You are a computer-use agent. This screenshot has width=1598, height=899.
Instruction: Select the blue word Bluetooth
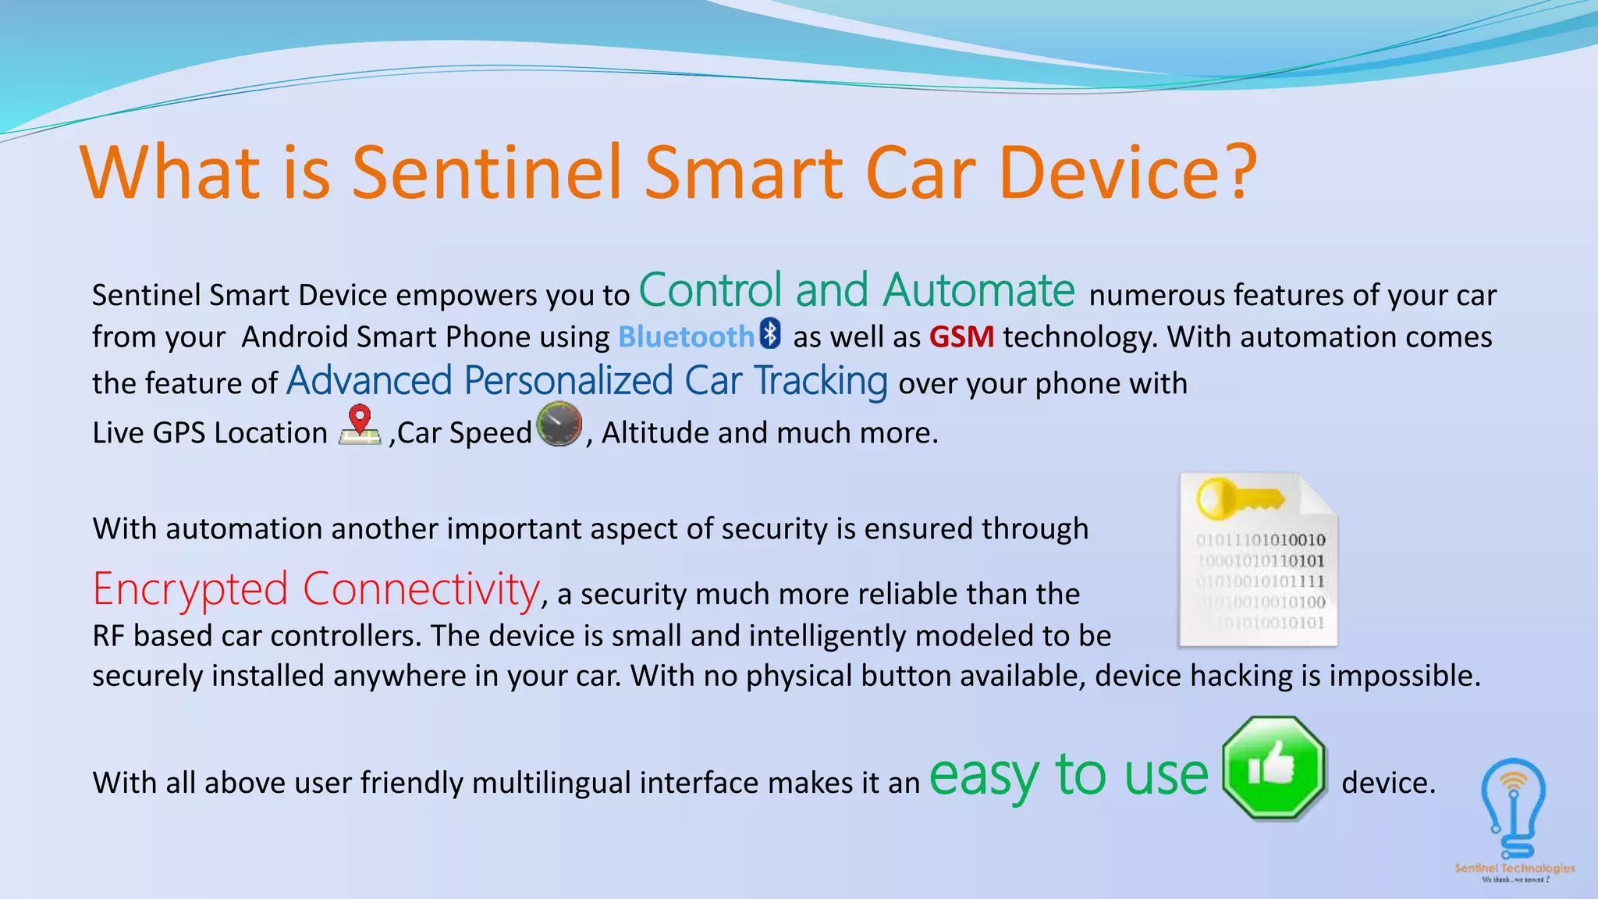tap(686, 337)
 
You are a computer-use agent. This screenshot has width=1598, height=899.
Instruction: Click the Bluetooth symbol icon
tap(771, 333)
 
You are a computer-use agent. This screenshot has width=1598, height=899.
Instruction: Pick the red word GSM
tap(961, 337)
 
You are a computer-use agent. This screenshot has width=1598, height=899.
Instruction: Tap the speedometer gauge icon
tap(559, 424)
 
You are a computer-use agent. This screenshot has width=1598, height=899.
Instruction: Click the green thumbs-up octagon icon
tap(1273, 768)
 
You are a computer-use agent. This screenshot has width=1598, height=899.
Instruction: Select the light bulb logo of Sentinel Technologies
tap(1513, 808)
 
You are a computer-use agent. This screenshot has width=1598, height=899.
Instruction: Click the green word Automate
tap(978, 290)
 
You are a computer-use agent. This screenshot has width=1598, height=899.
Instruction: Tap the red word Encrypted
tap(190, 589)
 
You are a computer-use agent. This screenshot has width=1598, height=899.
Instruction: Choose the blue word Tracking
tap(820, 381)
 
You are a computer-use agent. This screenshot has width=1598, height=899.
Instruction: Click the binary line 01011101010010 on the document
tap(1260, 540)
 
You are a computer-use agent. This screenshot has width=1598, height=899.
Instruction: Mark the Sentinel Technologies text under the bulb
tap(1514, 868)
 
